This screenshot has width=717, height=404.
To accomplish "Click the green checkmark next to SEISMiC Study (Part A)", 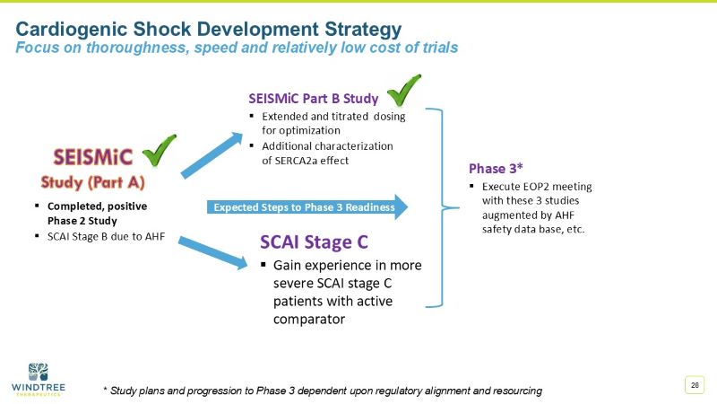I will point(160,152).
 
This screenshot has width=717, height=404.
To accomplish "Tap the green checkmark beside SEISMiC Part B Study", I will point(403,91).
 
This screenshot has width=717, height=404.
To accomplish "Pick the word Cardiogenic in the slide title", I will point(73,29).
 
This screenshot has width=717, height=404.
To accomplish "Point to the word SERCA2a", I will point(311,161).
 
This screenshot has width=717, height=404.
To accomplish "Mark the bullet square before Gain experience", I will point(264,266).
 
